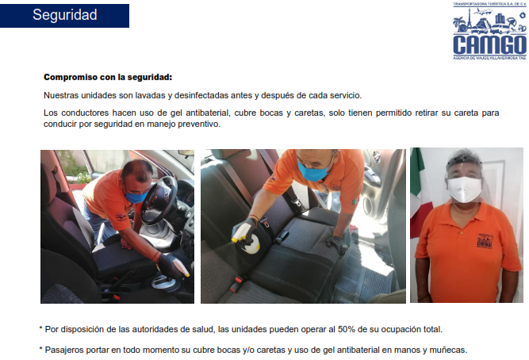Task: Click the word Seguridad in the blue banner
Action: pyautogui.click(x=65, y=15)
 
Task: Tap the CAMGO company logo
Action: pyautogui.click(x=489, y=31)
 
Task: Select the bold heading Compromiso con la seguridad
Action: pyautogui.click(x=108, y=77)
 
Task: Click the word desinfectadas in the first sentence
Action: pyautogui.click(x=201, y=95)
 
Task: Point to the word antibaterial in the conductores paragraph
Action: pyautogui.click(x=208, y=113)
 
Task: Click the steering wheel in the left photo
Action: pyautogui.click(x=159, y=200)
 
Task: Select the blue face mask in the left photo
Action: pyautogui.click(x=136, y=197)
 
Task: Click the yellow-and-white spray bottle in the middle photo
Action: pyautogui.click(x=248, y=240)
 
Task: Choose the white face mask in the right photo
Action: pyautogui.click(x=464, y=190)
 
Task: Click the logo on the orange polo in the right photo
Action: pyautogui.click(x=485, y=240)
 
